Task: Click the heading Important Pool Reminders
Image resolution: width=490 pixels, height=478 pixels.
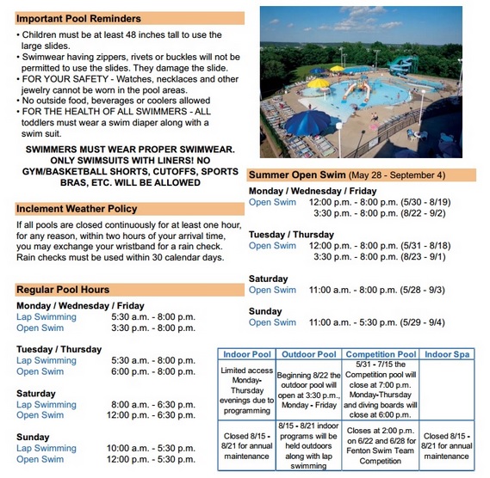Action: click(79, 18)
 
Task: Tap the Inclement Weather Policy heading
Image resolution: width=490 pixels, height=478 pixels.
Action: click(76, 208)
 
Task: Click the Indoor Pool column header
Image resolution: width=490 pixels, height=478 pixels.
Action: click(247, 354)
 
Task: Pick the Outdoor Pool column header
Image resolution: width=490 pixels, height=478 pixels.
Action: click(308, 354)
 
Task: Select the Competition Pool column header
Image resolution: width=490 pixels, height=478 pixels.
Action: click(381, 354)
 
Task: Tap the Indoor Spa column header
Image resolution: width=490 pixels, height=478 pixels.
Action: click(448, 354)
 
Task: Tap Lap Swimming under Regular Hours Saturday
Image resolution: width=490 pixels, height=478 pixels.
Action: click(47, 404)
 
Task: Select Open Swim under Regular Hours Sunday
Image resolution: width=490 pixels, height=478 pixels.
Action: click(40, 459)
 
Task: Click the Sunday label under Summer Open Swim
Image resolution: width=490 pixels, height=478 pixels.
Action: click(265, 311)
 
